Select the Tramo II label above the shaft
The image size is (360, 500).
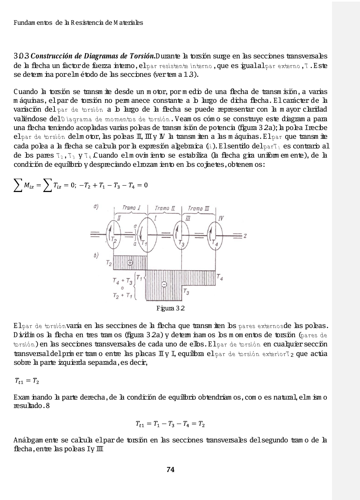point(165,208)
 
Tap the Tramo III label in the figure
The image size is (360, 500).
point(198,208)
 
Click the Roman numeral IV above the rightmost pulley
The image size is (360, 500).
point(221,218)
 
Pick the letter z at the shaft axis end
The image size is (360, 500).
point(244,236)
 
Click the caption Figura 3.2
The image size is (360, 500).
point(171,308)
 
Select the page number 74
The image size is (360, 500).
point(170,470)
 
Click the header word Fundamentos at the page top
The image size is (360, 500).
point(25,22)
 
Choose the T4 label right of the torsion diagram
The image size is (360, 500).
point(219,276)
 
